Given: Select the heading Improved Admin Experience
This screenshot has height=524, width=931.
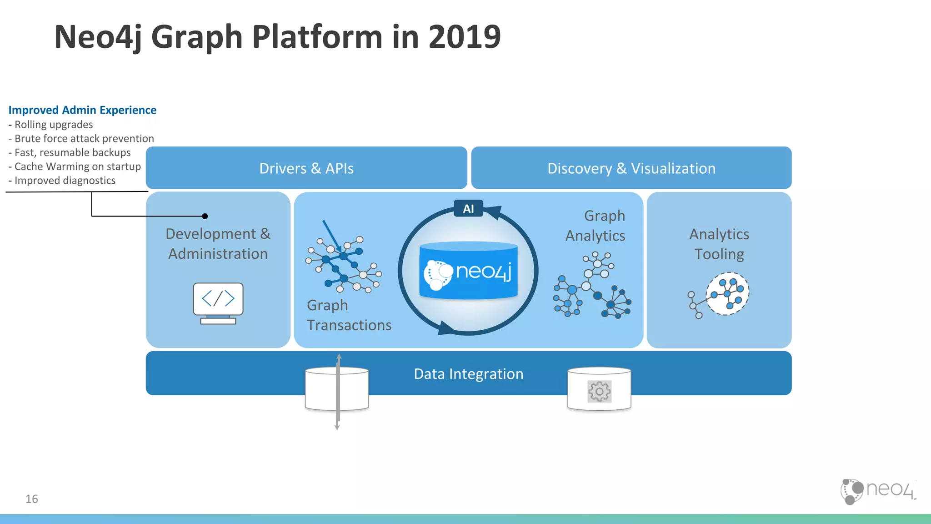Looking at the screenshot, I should [82, 110].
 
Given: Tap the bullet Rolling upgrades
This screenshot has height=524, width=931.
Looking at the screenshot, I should [53, 125].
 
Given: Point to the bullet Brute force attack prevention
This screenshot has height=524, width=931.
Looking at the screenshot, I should [84, 139].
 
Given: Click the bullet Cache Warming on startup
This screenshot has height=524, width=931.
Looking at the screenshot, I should [77, 166].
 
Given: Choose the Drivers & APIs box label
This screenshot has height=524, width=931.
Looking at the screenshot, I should [306, 168].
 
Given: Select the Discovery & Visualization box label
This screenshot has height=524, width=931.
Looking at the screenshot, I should [631, 168].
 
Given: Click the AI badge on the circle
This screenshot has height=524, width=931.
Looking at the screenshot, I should [468, 209].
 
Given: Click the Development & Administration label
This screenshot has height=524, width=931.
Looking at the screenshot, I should [218, 244].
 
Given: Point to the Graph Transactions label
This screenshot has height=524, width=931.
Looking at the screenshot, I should [348, 315].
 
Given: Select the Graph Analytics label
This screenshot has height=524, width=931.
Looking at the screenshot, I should [596, 226].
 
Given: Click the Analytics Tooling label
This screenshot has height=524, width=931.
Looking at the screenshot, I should [719, 244].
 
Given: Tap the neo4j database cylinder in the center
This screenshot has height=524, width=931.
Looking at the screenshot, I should [468, 271].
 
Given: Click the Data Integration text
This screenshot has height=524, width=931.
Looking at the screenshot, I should [468, 374].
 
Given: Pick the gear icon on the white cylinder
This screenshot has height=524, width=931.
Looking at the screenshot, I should [599, 392].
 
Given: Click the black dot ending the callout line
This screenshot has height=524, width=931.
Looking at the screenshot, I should [205, 216].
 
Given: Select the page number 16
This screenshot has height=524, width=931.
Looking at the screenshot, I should [32, 499].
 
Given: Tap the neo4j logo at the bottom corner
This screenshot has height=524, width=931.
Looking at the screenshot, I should [877, 491].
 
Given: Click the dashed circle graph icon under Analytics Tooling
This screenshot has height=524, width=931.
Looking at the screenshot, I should [727, 294].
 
